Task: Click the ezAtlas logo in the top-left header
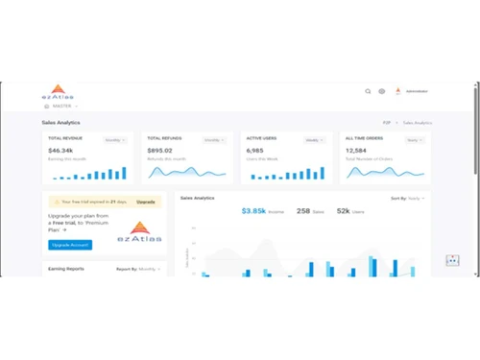(59, 92)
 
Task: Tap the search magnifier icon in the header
(368, 91)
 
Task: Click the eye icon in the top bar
(381, 91)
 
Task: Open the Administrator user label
(417, 91)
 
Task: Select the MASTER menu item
(61, 106)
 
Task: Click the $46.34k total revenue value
(60, 151)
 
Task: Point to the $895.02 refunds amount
(159, 151)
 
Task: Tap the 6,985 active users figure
(254, 151)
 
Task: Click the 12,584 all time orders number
(356, 151)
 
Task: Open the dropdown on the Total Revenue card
(115, 140)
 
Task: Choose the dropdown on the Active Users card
(315, 140)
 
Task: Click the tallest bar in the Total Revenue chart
(123, 173)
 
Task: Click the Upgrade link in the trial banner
(145, 202)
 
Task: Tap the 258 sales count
(303, 210)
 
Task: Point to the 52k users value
(343, 210)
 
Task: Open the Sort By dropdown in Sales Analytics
(407, 198)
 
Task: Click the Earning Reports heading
(66, 269)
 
